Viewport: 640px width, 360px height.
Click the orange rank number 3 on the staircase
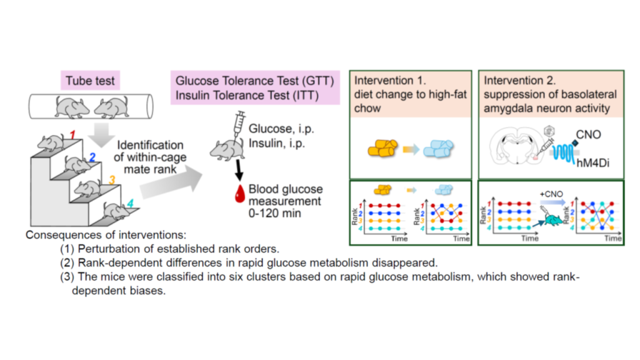coord(112,181)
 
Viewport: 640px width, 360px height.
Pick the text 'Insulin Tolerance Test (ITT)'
coord(246,95)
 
